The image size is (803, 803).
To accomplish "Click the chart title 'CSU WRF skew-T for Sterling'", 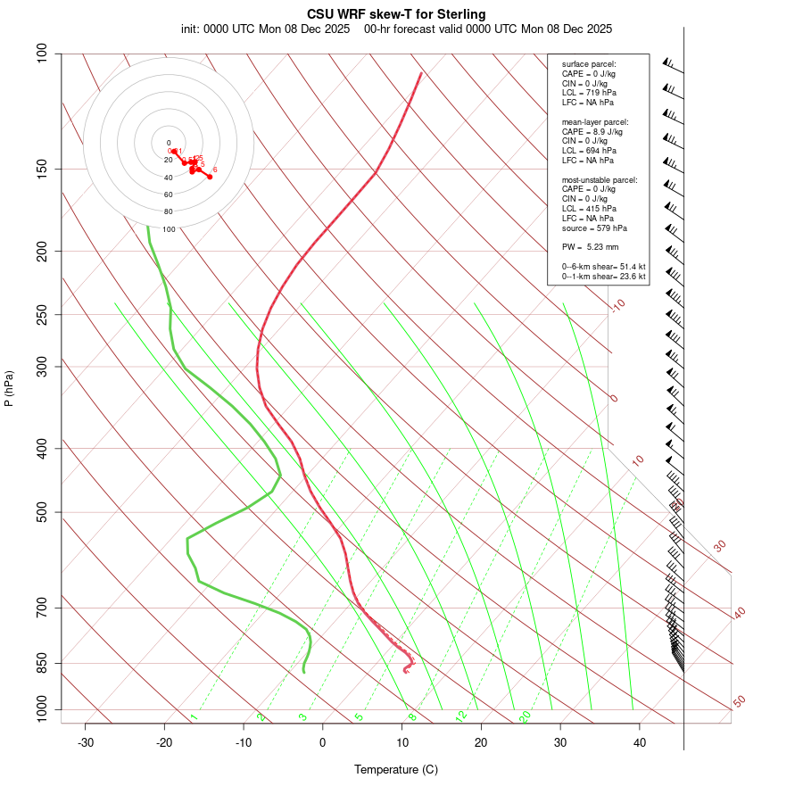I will (x=396, y=14).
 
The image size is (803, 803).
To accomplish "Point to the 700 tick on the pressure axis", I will (x=42, y=608).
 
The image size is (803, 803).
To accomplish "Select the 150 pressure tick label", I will (x=42, y=169).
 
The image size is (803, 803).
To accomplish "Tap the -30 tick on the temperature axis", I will (x=86, y=742).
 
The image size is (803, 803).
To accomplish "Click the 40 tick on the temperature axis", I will (x=640, y=742).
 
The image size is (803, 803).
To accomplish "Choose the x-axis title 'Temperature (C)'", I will (x=396, y=769).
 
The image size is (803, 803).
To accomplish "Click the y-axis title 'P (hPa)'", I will (x=9, y=388).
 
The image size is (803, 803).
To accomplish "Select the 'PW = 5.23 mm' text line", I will (x=590, y=246).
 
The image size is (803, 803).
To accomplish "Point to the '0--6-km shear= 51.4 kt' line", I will (x=603, y=267).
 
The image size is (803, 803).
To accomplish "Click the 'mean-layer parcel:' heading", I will (x=595, y=121).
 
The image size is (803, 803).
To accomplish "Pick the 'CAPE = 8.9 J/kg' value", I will (x=592, y=131).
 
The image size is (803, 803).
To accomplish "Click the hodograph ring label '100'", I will (x=169, y=229).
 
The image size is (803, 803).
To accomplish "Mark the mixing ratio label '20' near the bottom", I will (x=525, y=716).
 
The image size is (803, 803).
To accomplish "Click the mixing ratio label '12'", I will (x=461, y=716).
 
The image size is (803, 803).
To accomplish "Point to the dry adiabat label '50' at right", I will (x=739, y=702).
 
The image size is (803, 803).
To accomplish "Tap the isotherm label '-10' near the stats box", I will (x=617, y=305).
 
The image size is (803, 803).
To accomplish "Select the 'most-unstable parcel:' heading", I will (x=600, y=179).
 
